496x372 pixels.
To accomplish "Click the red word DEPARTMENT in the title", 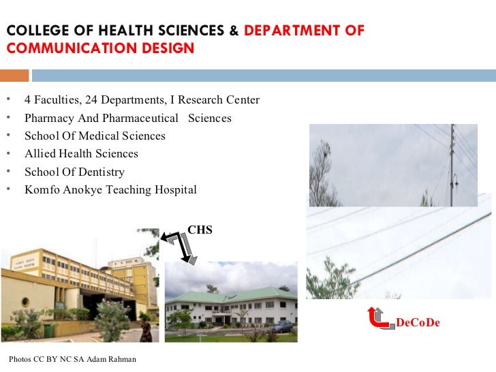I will [x=282, y=31].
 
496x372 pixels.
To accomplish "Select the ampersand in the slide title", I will [x=234, y=31].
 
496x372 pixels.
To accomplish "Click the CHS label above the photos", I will [x=200, y=230].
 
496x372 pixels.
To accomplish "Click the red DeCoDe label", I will [x=418, y=322].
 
